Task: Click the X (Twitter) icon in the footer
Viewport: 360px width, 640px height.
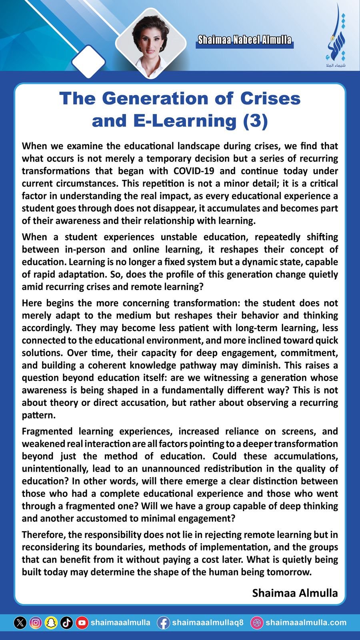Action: point(20,623)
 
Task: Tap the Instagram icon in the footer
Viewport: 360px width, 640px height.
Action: point(36,623)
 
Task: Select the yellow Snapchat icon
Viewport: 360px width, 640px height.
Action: point(51,623)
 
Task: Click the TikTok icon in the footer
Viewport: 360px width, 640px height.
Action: point(66,623)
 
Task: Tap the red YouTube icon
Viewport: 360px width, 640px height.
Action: point(82,623)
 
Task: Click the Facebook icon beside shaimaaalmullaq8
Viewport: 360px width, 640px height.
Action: point(163,623)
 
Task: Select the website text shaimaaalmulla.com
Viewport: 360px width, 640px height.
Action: point(306,623)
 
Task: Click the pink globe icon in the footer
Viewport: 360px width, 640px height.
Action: point(257,623)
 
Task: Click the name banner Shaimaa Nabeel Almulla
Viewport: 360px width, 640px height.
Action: point(244,40)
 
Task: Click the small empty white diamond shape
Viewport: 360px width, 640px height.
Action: point(88,61)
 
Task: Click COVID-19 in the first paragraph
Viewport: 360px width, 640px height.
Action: point(194,171)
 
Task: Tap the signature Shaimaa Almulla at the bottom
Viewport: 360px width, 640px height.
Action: point(295,593)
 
